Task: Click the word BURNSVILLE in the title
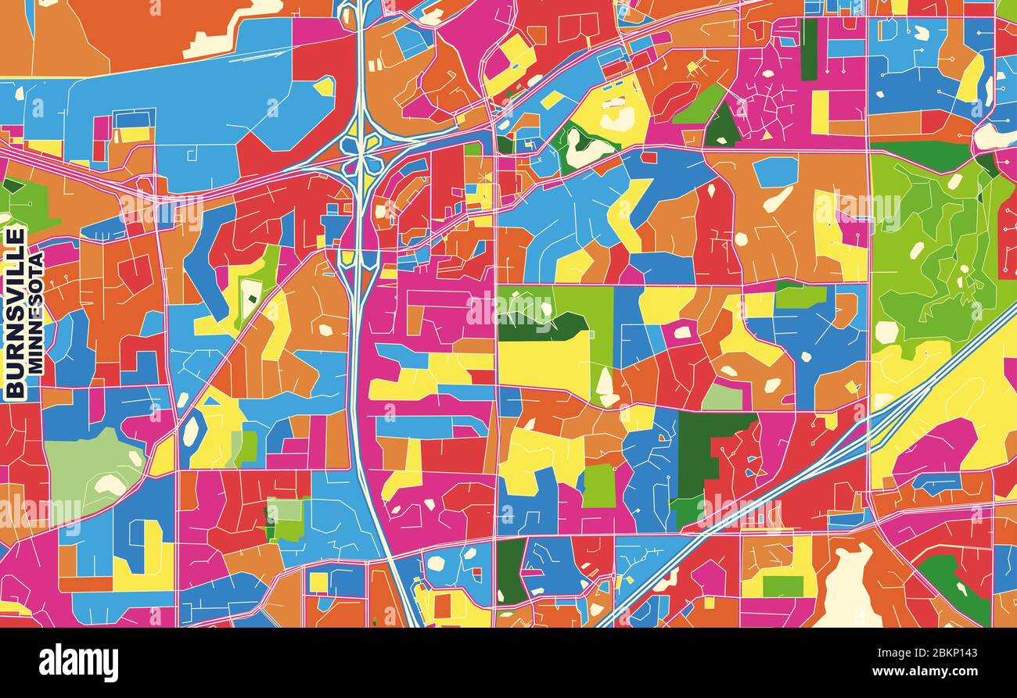tap(15, 313)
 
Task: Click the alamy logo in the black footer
tap(78, 663)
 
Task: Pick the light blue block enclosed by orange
tap(774, 171)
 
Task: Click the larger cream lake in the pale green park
tap(110, 485)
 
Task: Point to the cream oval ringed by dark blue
tap(191, 431)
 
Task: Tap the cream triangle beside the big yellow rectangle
tap(605, 384)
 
